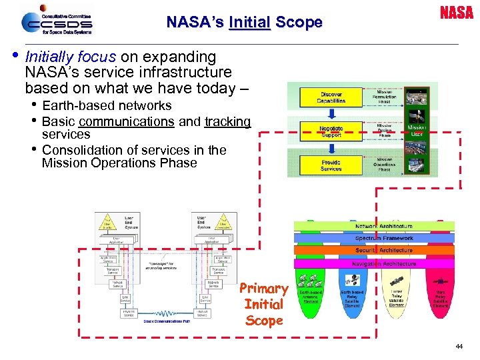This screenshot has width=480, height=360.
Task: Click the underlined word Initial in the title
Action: pyautogui.click(x=249, y=22)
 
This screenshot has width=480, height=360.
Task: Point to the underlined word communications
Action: pyautogui.click(x=126, y=121)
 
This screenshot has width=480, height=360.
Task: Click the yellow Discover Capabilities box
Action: pyautogui.click(x=331, y=97)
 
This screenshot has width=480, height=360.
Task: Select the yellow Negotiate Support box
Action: pyautogui.click(x=331, y=131)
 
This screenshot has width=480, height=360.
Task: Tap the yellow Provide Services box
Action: pyautogui.click(x=331, y=165)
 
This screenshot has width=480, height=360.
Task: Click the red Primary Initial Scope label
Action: pyautogui.click(x=264, y=305)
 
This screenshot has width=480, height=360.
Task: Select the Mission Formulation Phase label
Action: pyautogui.click(x=384, y=96)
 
